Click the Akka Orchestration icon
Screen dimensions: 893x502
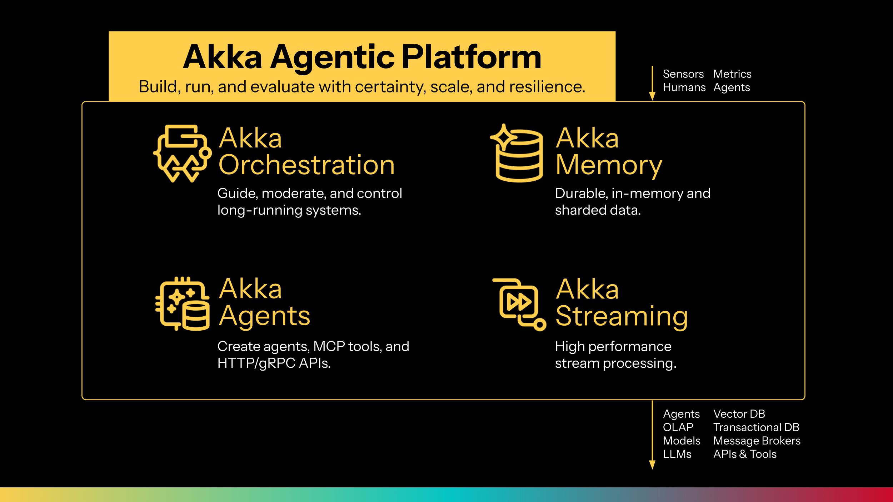coord(182,154)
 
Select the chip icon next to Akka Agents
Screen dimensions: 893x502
coord(183,303)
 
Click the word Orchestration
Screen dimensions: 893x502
coord(306,165)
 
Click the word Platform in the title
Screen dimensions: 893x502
coord(472,57)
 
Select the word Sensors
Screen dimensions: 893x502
coord(683,74)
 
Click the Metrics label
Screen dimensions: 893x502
coord(732,74)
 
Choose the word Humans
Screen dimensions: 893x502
coord(684,87)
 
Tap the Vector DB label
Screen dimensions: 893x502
coord(739,414)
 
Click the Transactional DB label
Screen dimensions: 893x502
coord(756,427)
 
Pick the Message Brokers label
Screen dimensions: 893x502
coord(757,441)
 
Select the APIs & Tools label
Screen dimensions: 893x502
coord(745,454)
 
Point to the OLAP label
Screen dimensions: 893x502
coord(678,427)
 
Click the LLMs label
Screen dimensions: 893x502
coord(677,454)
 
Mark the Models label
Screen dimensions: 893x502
coord(682,441)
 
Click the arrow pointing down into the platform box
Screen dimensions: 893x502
coord(652,83)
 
